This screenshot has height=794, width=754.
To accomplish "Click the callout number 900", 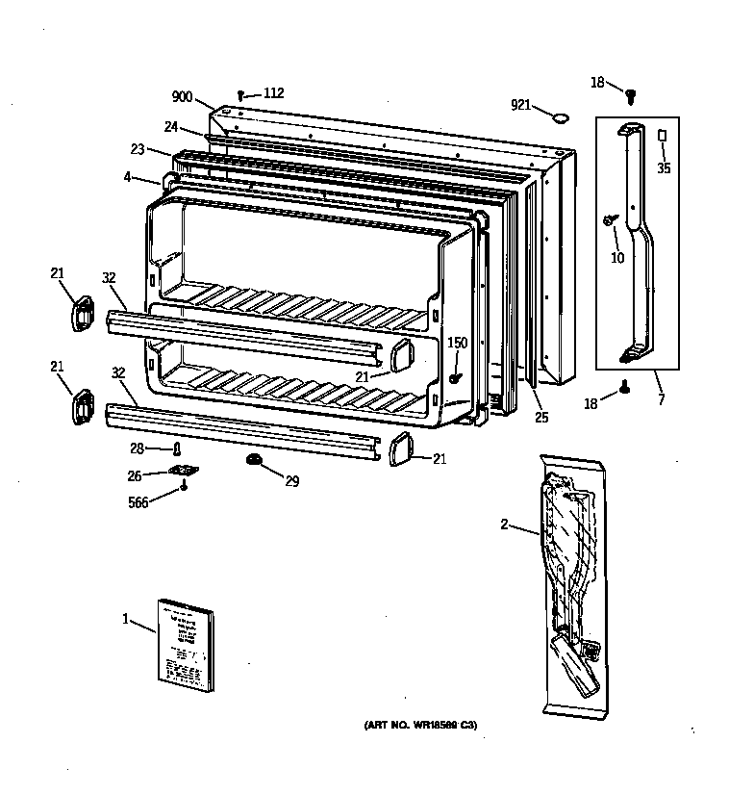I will pos(182,97).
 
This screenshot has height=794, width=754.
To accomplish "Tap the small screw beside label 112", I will pos(241,95).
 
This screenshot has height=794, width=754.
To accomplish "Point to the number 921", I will pos(520,104).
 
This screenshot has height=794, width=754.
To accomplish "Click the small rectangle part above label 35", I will pos(663,136).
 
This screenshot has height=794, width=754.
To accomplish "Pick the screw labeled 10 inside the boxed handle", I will pos(610,220).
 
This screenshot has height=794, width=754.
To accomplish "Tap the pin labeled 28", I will pos(176,448).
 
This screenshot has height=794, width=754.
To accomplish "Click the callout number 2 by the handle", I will pos(504,525).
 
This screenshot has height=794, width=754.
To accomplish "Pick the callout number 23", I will pos(138,149).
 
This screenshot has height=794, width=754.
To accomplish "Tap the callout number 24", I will pos(170,126).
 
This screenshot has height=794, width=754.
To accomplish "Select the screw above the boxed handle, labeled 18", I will pos(631,94).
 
